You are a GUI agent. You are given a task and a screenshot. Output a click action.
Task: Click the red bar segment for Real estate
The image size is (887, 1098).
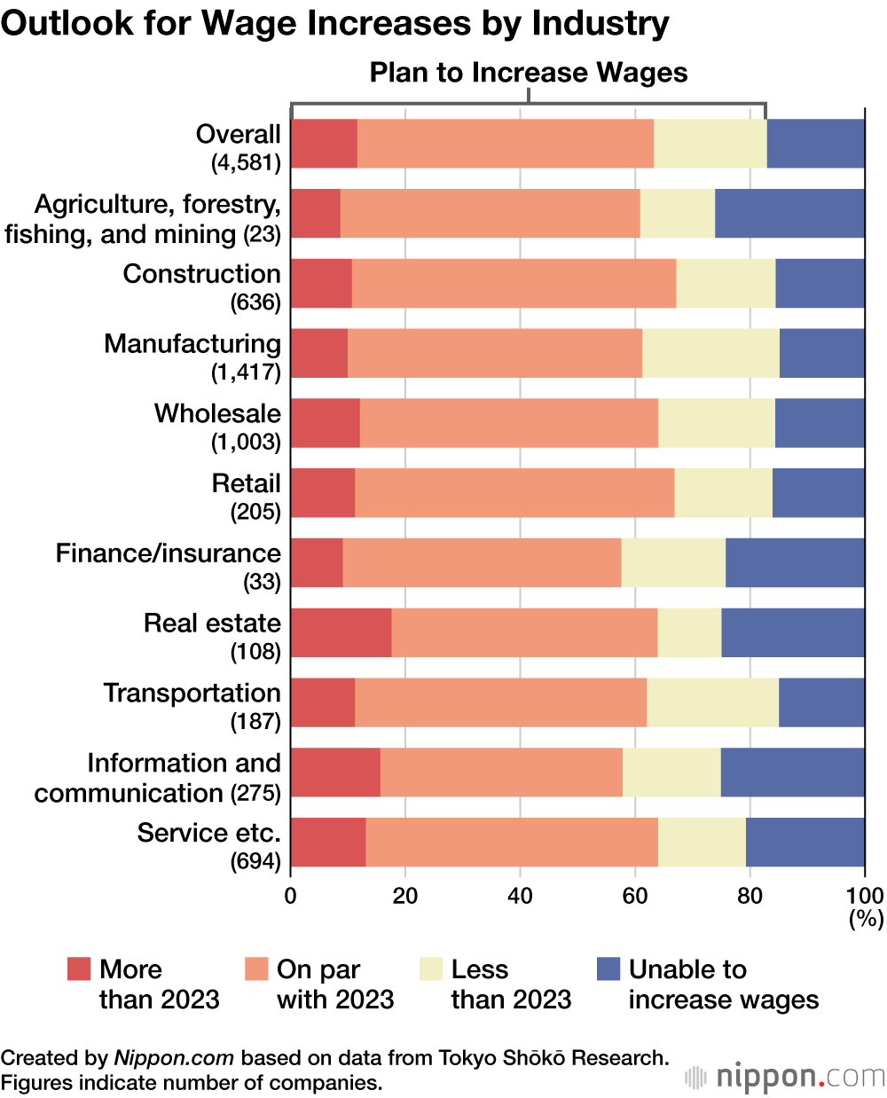tap(341, 632)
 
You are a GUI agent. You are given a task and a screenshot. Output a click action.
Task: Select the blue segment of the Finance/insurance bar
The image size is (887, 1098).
tap(795, 562)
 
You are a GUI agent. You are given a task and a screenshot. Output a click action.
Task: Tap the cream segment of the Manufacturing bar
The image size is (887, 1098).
tap(710, 353)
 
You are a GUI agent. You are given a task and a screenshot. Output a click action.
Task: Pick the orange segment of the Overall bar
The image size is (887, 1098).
tap(506, 144)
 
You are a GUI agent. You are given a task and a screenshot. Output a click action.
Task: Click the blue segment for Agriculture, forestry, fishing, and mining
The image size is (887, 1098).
tap(789, 214)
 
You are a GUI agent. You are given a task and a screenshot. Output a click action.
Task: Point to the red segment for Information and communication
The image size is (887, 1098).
tap(335, 773)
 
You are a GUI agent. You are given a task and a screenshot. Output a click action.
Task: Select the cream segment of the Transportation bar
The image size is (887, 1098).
tap(712, 702)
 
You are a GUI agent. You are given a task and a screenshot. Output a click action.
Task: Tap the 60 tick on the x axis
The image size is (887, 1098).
tap(635, 895)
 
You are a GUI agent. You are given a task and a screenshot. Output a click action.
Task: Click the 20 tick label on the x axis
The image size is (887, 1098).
tap(405, 895)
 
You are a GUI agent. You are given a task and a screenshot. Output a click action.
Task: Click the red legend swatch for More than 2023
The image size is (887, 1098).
tap(79, 969)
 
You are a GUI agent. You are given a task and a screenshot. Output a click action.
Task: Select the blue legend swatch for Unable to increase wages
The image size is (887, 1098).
tap(608, 969)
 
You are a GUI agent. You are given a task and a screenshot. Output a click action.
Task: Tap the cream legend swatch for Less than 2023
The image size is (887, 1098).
tap(431, 969)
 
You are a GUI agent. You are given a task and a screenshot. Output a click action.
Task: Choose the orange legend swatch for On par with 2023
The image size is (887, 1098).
tap(256, 969)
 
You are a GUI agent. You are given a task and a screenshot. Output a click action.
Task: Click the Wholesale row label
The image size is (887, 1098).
tap(217, 414)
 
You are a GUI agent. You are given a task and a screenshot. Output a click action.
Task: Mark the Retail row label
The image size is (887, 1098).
tap(246, 484)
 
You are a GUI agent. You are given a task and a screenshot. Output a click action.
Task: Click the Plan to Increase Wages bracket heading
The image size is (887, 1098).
tap(529, 73)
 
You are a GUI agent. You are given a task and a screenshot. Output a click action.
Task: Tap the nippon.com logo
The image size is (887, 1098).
tap(785, 1077)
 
